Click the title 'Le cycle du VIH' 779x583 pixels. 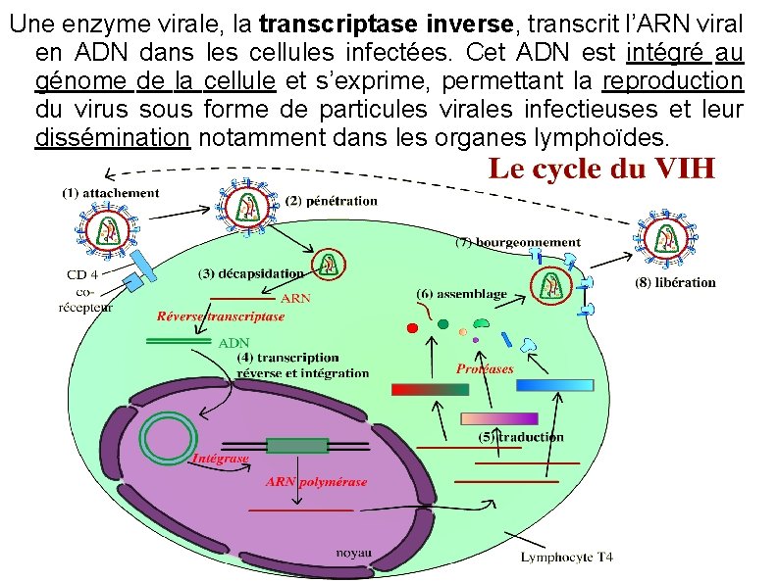601,169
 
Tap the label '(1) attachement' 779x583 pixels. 110,193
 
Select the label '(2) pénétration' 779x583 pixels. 332,201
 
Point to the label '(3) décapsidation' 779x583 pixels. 251,273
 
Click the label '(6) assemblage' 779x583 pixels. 461,293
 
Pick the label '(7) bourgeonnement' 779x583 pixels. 518,242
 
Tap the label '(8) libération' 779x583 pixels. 676,282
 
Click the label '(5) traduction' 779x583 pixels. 521,437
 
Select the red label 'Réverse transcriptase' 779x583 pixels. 221,316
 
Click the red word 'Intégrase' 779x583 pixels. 220,458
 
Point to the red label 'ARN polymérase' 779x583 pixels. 316,481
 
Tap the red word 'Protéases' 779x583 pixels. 485,368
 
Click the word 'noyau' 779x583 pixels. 353,553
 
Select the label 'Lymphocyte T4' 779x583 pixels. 566,558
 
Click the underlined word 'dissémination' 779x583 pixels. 112,138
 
